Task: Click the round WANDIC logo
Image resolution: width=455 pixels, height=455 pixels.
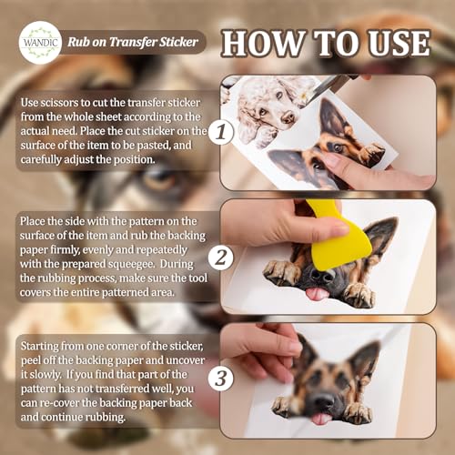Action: pos(40,42)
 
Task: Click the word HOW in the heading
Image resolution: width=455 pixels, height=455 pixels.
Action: pos(263,43)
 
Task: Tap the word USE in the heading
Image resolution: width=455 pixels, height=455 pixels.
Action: pos(399,43)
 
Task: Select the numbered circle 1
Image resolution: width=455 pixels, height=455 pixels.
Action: pos(221,132)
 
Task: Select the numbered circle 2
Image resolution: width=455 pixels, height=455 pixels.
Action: pos(221,258)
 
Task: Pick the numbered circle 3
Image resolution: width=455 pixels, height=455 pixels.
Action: pos(221,379)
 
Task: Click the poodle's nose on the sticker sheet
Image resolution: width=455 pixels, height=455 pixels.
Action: pos(288,116)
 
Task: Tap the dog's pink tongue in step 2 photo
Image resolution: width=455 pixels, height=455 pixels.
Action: pos(316,294)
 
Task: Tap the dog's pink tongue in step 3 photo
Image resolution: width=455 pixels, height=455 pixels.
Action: pos(319,419)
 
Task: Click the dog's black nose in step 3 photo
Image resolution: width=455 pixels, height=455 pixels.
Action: pos(324,401)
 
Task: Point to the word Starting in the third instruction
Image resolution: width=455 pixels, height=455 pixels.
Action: pos(39,346)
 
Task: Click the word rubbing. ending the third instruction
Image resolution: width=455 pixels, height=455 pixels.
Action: pos(105,418)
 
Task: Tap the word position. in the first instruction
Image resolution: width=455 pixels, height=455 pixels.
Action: pos(135,159)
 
